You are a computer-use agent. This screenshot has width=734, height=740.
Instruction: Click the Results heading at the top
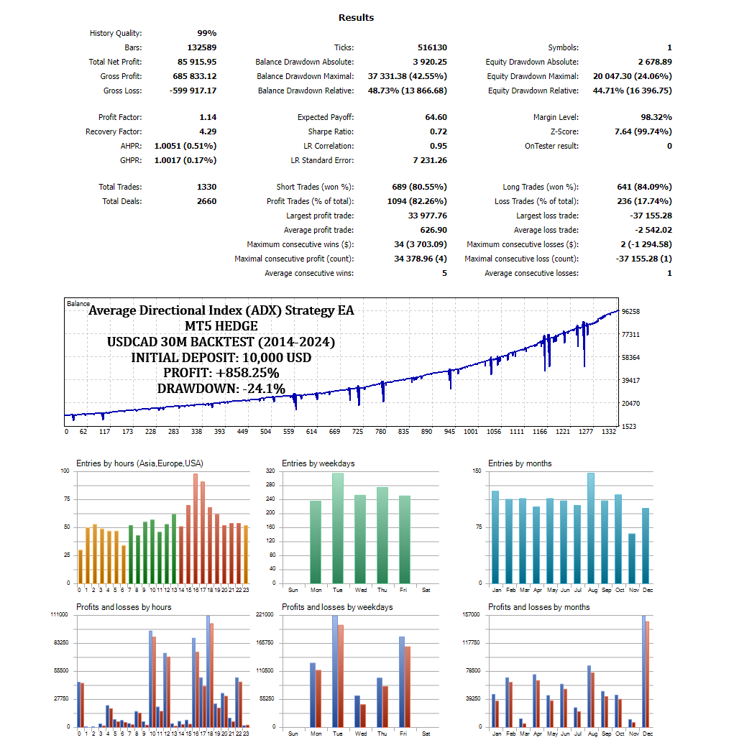356,17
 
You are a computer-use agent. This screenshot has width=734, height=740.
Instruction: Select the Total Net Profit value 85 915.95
196,62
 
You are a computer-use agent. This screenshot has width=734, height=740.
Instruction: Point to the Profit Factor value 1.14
208,117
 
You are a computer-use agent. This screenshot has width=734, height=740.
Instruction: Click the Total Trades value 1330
206,187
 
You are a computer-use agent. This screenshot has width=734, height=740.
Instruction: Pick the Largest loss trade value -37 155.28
646,216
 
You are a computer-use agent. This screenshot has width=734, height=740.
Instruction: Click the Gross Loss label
122,91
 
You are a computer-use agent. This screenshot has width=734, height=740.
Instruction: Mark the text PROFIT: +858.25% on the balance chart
221,373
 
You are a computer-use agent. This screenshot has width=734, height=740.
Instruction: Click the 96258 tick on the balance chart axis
630,311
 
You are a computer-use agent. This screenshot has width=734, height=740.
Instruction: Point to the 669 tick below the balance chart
334,432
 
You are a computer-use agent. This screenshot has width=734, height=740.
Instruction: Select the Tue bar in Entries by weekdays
338,528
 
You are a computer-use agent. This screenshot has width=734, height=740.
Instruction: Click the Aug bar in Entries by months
591,528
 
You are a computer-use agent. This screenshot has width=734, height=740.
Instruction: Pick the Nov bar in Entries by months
632,558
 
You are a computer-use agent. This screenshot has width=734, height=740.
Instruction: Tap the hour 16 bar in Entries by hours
196,528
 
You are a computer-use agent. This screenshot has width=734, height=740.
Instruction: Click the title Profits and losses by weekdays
337,607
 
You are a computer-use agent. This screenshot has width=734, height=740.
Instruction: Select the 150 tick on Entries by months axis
477,471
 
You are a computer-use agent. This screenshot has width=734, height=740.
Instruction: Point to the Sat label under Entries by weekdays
426,590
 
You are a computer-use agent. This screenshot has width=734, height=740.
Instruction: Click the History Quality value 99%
207,33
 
